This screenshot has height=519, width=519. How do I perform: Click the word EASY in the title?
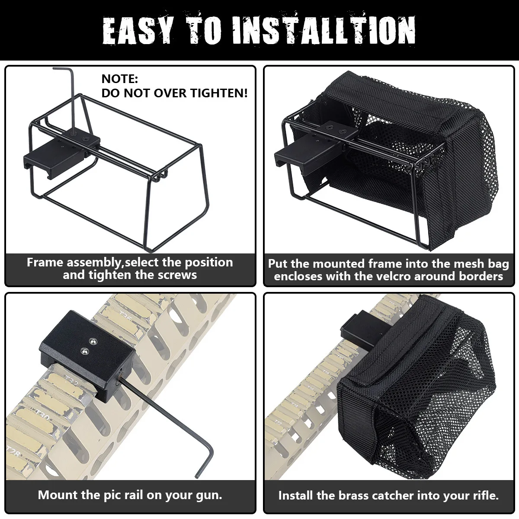pos(138,30)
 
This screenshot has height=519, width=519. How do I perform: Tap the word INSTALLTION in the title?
pos(324,30)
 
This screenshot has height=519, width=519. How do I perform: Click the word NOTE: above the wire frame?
pos(119,79)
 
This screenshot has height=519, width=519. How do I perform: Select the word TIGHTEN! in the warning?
pos(219,93)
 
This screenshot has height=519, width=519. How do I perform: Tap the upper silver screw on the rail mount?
pos(93,341)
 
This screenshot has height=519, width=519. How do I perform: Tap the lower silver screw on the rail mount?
pos(85,351)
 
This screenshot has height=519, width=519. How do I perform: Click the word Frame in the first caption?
pos(45,262)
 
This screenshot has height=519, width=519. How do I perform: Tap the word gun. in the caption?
pos(209,495)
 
